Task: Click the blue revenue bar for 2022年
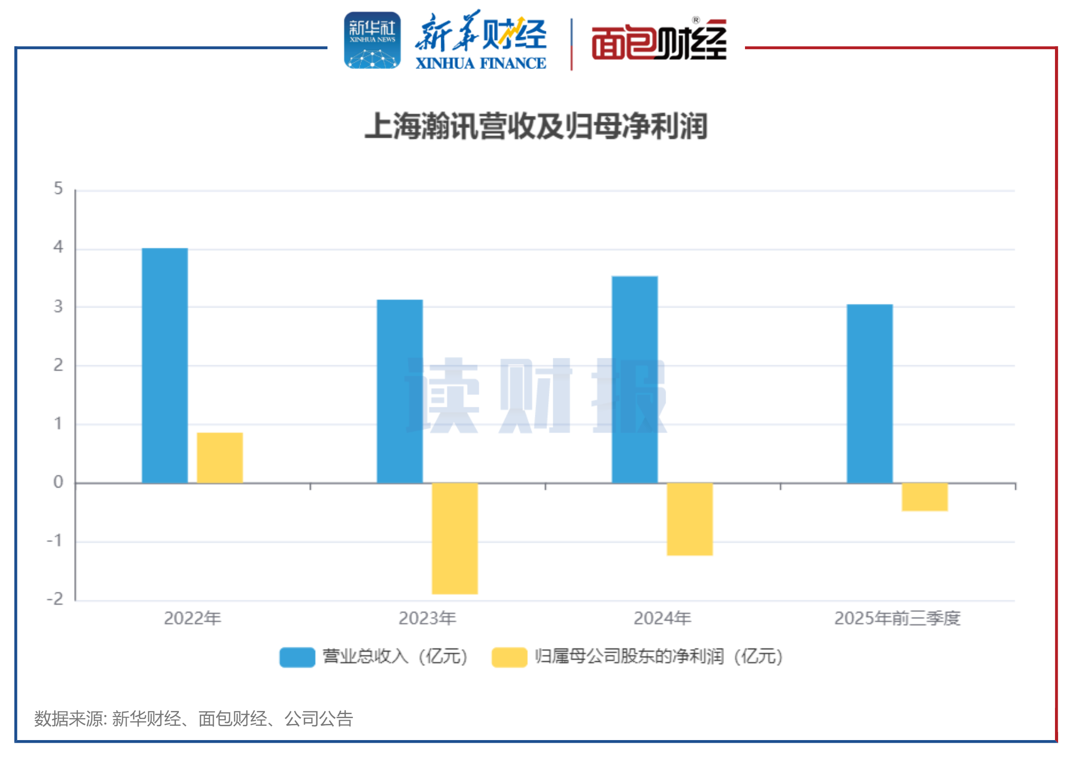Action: click(x=165, y=366)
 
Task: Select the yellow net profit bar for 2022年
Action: click(x=220, y=458)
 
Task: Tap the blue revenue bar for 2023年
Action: click(x=400, y=392)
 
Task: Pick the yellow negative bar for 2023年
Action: click(x=455, y=538)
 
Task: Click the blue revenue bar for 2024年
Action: click(x=634, y=380)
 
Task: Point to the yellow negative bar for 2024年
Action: click(x=689, y=519)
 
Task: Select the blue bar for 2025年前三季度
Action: click(x=870, y=394)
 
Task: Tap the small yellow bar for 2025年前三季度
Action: click(x=925, y=497)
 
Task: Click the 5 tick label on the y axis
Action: click(x=58, y=189)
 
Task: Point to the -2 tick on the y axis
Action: click(x=55, y=599)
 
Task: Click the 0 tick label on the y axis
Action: click(x=58, y=482)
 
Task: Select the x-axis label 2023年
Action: click(x=427, y=618)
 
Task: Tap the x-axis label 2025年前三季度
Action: click(x=897, y=618)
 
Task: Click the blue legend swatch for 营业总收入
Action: click(x=297, y=657)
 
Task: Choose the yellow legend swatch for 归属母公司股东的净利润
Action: click(x=509, y=657)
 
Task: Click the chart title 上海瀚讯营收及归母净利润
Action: click(x=535, y=126)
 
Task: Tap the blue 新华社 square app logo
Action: click(x=372, y=40)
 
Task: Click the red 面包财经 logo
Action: click(x=659, y=41)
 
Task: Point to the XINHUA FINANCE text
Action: click(x=480, y=64)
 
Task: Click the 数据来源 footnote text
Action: click(x=193, y=719)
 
